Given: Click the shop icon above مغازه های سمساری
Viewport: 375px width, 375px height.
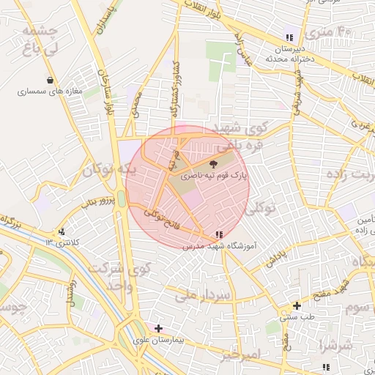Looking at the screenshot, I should (x=50, y=81).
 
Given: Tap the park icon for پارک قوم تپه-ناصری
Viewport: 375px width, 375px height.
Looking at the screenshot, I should (x=213, y=164).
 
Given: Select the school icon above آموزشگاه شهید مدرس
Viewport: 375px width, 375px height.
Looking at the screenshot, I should (x=219, y=234).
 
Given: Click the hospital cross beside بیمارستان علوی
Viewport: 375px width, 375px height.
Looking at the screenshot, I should (x=158, y=328).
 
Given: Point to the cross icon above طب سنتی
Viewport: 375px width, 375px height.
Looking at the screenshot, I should (x=297, y=305).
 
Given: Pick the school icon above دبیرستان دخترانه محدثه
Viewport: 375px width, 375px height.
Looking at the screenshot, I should (x=289, y=37).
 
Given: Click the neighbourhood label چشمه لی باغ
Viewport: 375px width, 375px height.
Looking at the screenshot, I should (x=40, y=41).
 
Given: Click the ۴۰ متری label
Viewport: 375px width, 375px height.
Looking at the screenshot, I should (x=335, y=32).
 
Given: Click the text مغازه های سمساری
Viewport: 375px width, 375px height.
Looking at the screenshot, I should (x=52, y=92).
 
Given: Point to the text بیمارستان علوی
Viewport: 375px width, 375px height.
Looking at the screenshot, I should (x=157, y=341).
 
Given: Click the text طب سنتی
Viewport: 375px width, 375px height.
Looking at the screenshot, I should (x=299, y=318).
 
